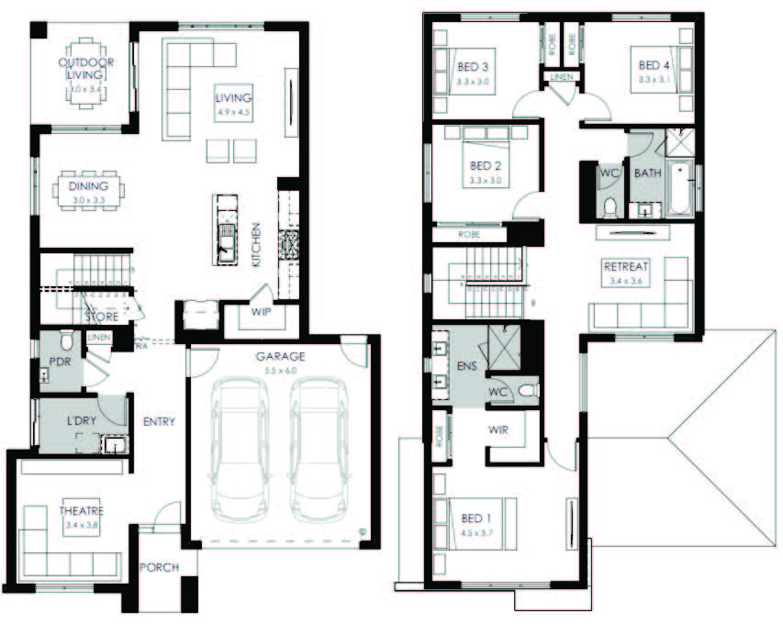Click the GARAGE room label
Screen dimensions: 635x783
281,356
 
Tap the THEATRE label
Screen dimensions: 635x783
82,511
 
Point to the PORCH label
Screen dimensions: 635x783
159,567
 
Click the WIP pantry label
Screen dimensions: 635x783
262,313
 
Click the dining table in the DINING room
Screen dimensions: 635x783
88,188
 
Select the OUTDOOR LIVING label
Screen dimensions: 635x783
86,69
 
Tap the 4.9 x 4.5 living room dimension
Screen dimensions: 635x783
233,112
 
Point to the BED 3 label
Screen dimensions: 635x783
472,67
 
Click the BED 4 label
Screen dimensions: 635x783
655,66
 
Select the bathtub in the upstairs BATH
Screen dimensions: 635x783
678,188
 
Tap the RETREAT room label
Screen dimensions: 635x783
626,267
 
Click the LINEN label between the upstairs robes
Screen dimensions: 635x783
562,77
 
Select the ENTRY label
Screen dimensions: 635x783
160,422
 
